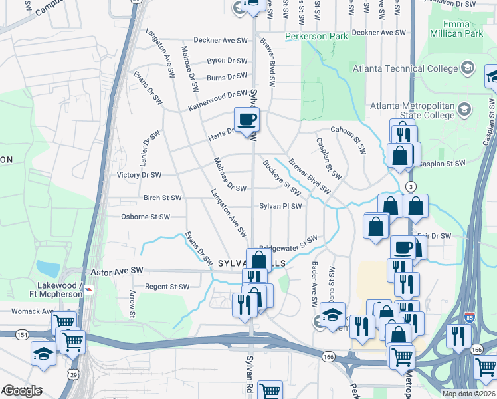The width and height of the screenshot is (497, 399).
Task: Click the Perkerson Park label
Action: point(316,36)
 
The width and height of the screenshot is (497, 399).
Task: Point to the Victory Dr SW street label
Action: point(139,175)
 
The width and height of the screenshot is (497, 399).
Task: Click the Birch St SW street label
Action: point(162,198)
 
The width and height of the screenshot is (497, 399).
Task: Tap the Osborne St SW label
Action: point(146,217)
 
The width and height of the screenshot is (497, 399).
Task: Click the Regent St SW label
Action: point(167,287)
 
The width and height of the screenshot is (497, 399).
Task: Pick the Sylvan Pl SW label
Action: point(280,206)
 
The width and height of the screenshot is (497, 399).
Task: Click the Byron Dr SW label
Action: point(227,60)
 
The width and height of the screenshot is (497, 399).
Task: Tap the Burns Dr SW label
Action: point(227,78)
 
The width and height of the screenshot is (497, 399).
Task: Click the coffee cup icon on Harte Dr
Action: point(246,120)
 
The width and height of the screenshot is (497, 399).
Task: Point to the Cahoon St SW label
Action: point(349,130)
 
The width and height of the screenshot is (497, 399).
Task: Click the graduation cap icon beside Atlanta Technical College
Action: point(468,68)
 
